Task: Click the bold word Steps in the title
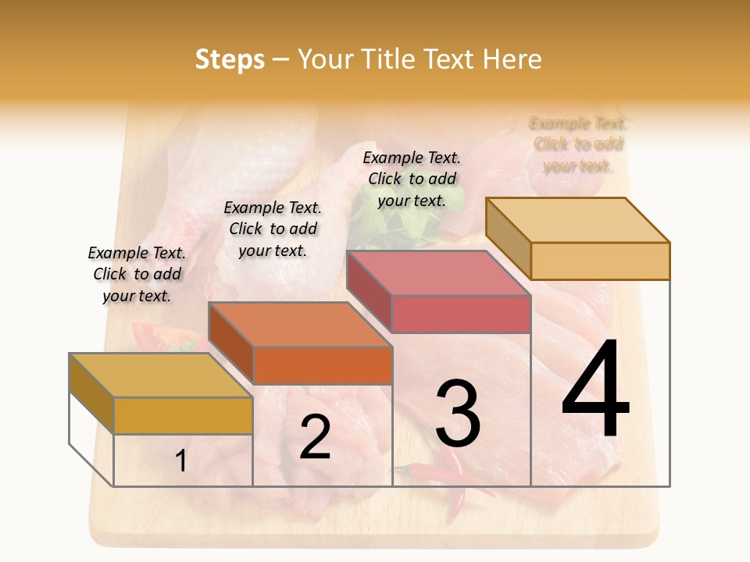[x=230, y=60]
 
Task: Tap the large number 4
[x=595, y=389]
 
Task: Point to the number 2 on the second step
[x=315, y=437]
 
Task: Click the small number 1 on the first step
[x=181, y=461]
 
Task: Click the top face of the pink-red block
[x=437, y=273]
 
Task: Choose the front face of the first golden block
[x=183, y=415]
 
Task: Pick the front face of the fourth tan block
[x=600, y=261]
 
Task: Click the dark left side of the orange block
[x=230, y=343]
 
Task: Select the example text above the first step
[x=137, y=274]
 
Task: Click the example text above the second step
[x=273, y=229]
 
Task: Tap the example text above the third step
[x=412, y=179]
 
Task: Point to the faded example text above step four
[x=577, y=144]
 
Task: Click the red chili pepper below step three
[x=430, y=471]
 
